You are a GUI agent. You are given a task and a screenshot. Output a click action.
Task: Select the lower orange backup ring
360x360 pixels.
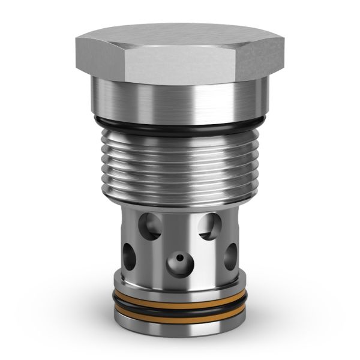(180, 312)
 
